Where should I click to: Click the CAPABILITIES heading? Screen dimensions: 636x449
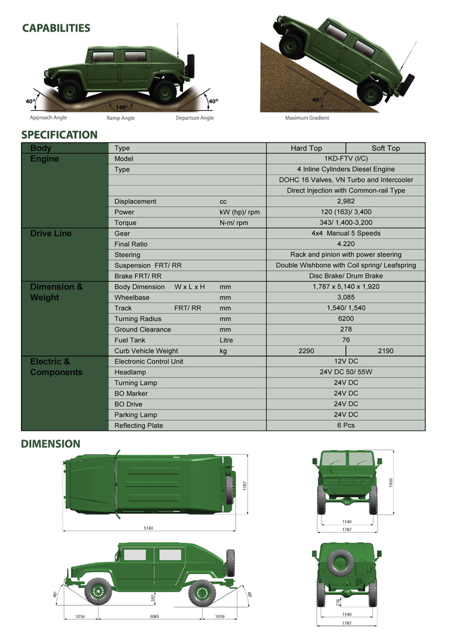click(56, 28)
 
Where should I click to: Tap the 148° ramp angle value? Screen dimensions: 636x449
click(120, 107)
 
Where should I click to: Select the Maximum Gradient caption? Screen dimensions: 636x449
click(307, 118)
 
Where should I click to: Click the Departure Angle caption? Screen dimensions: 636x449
click(195, 118)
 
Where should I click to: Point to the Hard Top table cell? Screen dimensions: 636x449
click(306, 148)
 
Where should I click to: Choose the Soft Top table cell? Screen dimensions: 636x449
click(385, 148)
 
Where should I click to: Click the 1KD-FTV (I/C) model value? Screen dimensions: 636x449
click(345, 159)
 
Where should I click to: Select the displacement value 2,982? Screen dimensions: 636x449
click(345, 201)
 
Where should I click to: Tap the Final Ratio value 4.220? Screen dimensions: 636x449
click(345, 244)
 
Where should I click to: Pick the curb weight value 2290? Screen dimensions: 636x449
click(306, 351)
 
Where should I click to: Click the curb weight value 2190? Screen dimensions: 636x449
click(385, 351)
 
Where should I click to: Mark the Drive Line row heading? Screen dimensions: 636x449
click(51, 234)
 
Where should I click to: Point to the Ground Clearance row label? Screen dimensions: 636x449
click(142, 330)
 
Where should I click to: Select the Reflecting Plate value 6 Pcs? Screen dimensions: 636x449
click(345, 425)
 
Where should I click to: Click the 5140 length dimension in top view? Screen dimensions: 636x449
click(149, 528)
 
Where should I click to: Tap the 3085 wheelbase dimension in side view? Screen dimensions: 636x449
click(154, 617)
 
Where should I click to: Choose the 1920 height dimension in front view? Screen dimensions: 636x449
click(390, 483)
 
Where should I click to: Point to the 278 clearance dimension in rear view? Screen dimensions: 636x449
click(338, 602)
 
